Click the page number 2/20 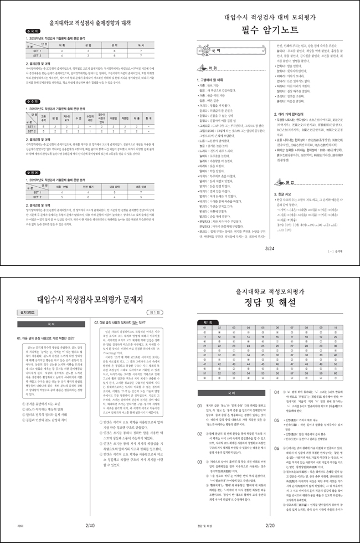(x=270, y=507)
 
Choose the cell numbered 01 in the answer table (x=204, y=328)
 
